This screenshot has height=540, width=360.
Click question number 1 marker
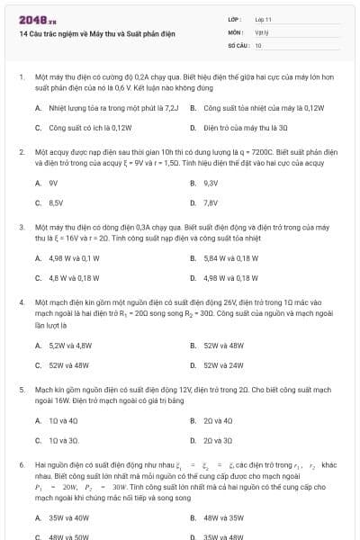pyautogui.click(x=21, y=77)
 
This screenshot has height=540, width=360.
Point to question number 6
pyautogui.click(x=21, y=467)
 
